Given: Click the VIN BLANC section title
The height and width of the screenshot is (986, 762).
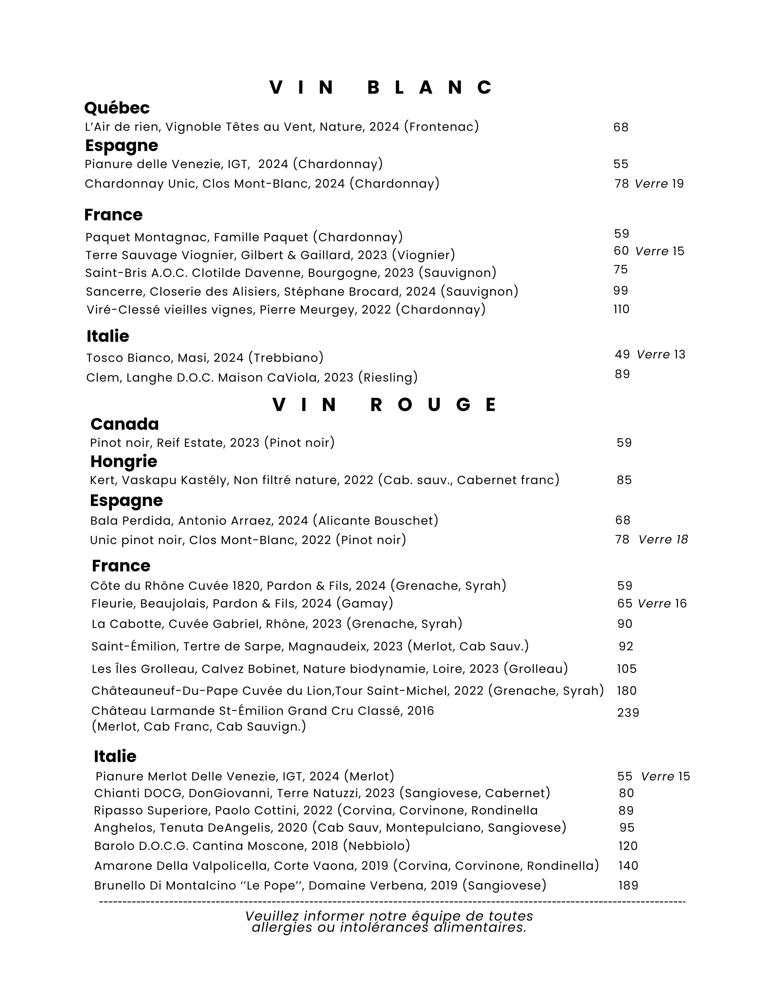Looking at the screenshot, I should point(381,87).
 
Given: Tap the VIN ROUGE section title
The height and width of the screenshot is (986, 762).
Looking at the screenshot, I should point(384,405).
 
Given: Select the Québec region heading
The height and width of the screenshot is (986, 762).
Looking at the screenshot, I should point(117,108).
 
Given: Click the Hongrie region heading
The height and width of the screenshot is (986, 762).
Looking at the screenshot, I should point(124,461).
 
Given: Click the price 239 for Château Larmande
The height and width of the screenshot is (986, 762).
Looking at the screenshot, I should point(628,713).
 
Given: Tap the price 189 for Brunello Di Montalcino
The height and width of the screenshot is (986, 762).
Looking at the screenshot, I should point(628,885).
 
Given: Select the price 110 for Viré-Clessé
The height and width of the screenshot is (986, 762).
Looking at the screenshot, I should point(621,309).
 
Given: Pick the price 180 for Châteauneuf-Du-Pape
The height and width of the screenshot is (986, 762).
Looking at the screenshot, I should point(626,691).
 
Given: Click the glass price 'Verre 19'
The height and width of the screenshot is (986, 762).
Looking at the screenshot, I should point(659,184).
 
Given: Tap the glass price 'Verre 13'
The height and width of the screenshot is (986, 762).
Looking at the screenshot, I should point(661,354).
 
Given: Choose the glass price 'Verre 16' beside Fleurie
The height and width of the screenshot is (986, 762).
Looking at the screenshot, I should point(662,604).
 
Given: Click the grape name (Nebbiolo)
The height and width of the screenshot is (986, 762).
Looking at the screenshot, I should point(376,845).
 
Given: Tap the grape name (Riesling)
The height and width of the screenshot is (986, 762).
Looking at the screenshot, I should point(388,377).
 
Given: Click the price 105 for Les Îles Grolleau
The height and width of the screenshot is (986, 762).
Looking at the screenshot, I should point(626,669).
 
